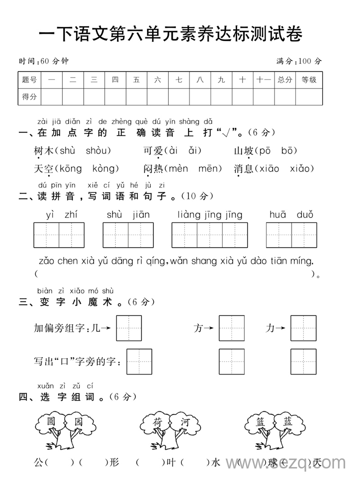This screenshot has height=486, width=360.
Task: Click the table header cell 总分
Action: pyautogui.click(x=285, y=80)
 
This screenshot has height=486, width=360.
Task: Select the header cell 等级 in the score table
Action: pyautogui.click(x=309, y=80)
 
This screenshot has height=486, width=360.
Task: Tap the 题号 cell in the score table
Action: pyautogui.click(x=29, y=80)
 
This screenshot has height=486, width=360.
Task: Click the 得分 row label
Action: pyautogui.click(x=29, y=97)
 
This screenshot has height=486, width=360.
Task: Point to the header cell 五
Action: pyautogui.click(x=136, y=80)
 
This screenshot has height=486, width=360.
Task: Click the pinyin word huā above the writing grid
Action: pyautogui.click(x=278, y=214)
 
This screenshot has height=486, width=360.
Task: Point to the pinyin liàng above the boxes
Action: pyautogui.click(x=189, y=214)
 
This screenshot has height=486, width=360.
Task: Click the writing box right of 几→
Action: pyautogui.click(x=129, y=328)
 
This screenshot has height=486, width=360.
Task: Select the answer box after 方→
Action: pyautogui.click(x=232, y=328)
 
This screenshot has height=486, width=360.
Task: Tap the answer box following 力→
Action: pyautogui.click(x=303, y=328)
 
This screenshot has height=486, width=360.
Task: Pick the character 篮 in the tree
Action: pyautogui.click(x=261, y=422)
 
